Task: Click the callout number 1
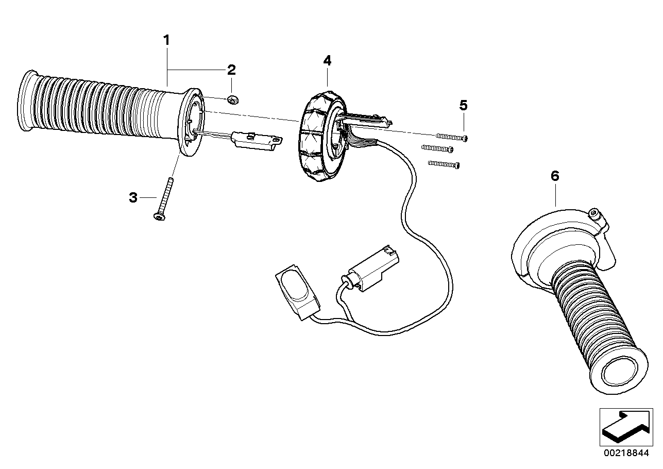coord(166,40)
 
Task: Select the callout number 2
coord(231,70)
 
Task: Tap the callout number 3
coord(133,197)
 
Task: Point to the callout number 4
coord(327,61)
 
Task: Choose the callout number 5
coord(463,106)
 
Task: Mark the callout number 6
coord(555,176)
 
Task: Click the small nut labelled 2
coord(231,98)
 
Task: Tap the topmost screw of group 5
coord(452,137)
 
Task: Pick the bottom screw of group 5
coord(443,164)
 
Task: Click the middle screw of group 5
coord(437,149)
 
